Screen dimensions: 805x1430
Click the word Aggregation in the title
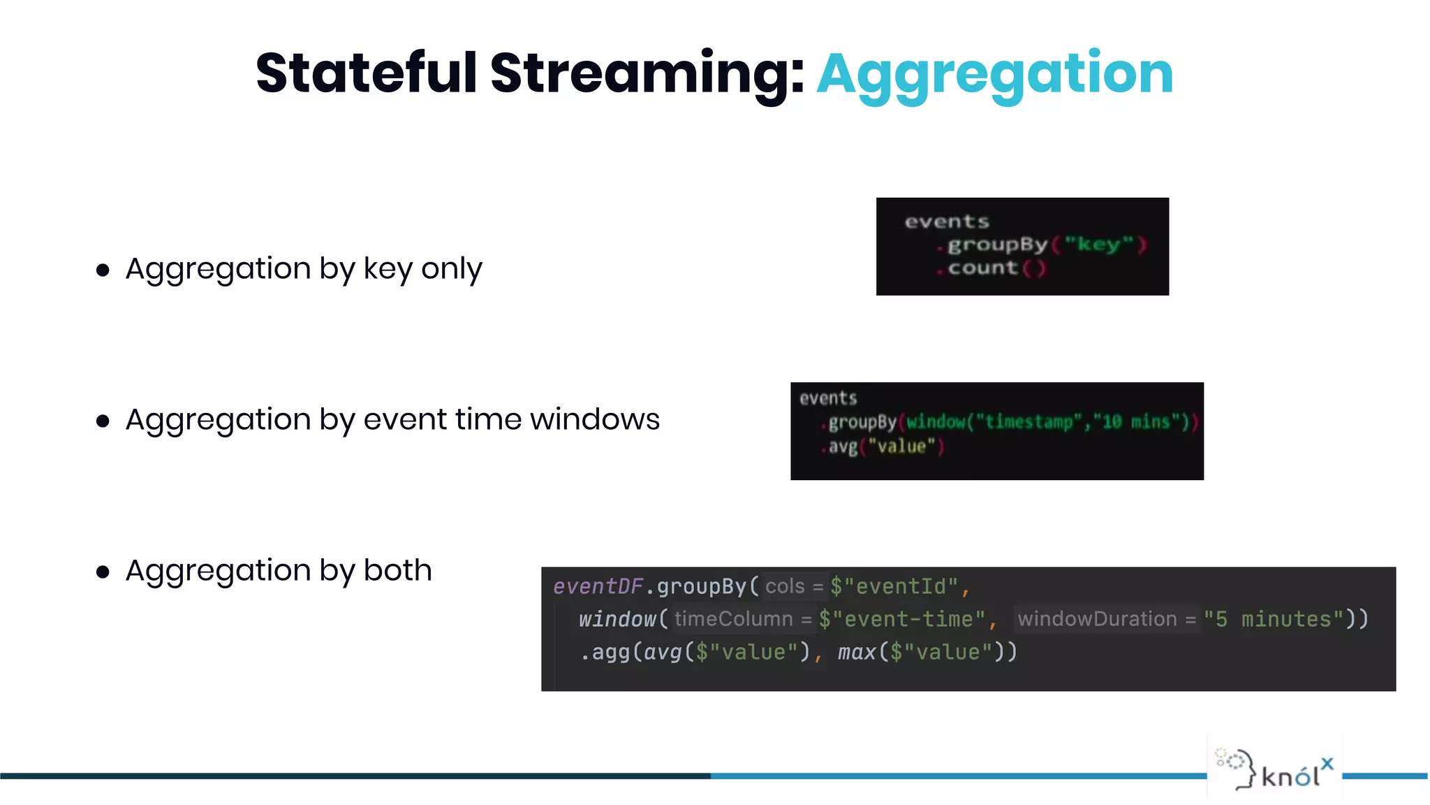pos(994,74)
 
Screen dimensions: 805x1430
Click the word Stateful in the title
pos(367,73)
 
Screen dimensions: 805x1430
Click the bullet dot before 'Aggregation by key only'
pos(103,270)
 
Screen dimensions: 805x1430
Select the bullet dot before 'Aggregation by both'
pos(103,572)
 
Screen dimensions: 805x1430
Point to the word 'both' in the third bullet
pos(397,570)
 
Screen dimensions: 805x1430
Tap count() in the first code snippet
pos(996,268)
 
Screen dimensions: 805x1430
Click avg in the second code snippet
pos(843,447)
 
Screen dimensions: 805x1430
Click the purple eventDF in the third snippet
pos(598,586)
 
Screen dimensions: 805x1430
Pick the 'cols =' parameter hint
pos(794,586)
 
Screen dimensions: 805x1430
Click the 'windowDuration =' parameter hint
pos(1106,619)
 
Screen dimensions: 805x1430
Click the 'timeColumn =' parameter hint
pos(743,619)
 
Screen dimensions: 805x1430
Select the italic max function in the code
pos(856,652)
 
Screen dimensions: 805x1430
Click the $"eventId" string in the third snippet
pos(894,586)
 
